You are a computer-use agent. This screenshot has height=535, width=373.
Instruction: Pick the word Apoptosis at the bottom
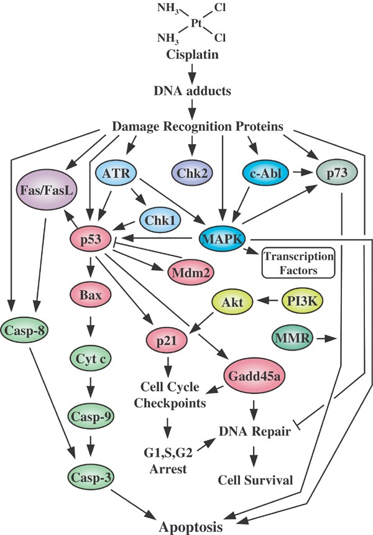click(x=190, y=525)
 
